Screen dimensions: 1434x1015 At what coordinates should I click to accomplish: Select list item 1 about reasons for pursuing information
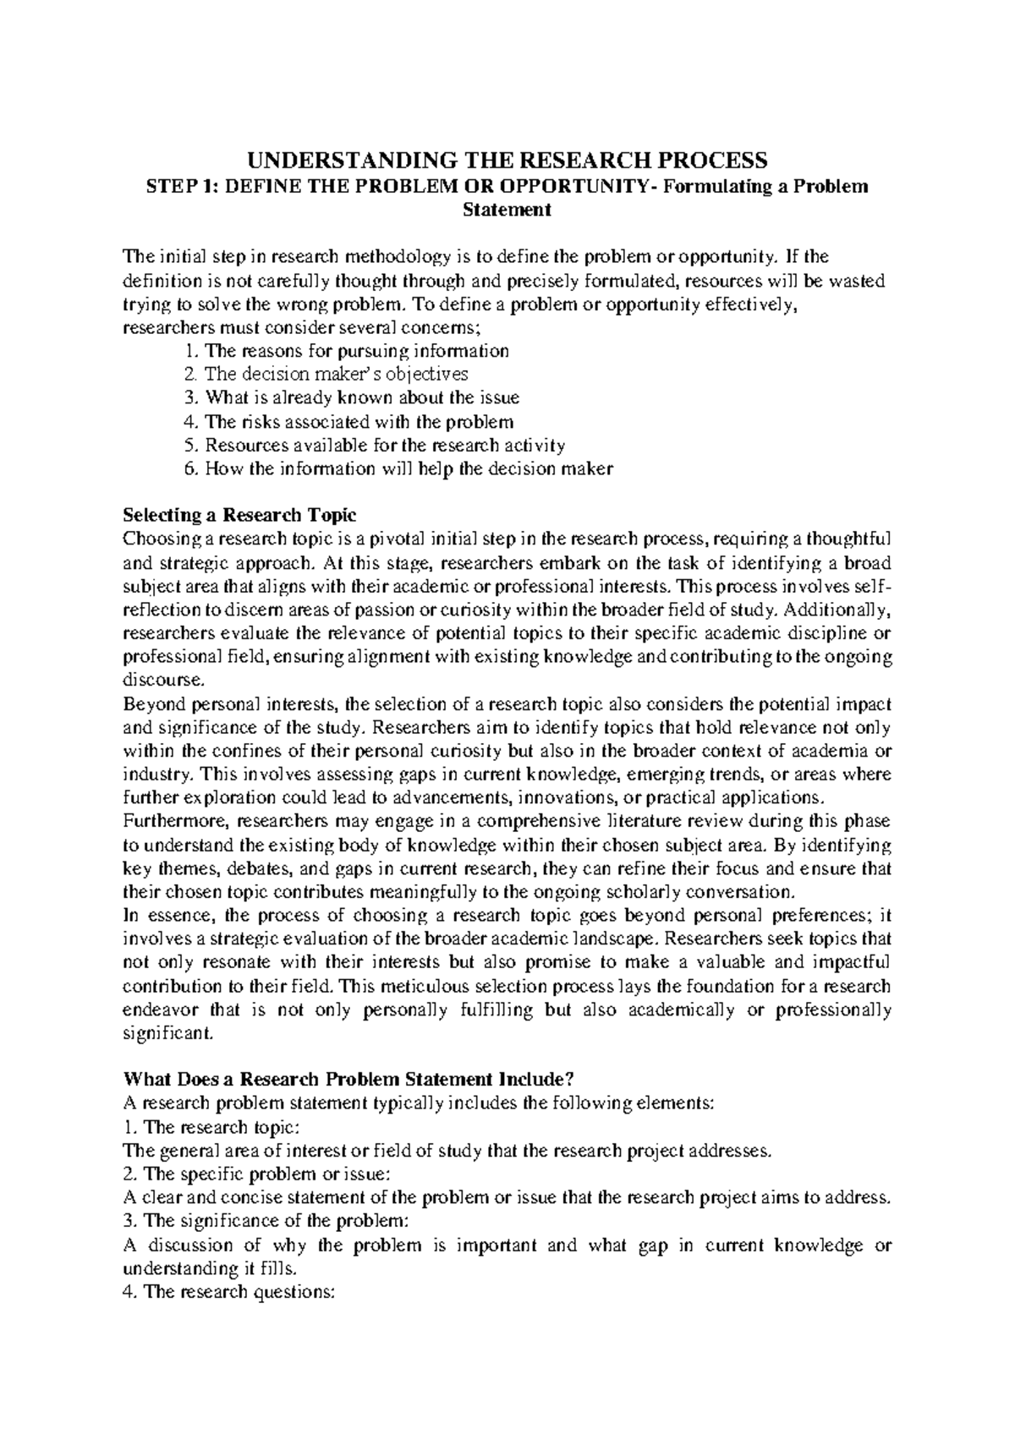pos(346,350)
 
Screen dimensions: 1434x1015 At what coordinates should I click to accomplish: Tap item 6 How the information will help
pos(397,468)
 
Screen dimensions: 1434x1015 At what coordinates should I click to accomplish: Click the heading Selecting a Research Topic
pos(240,516)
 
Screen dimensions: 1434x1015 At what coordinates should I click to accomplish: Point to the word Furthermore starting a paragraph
pos(174,821)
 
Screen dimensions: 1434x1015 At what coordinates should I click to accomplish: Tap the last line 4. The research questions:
pos(229,1292)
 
